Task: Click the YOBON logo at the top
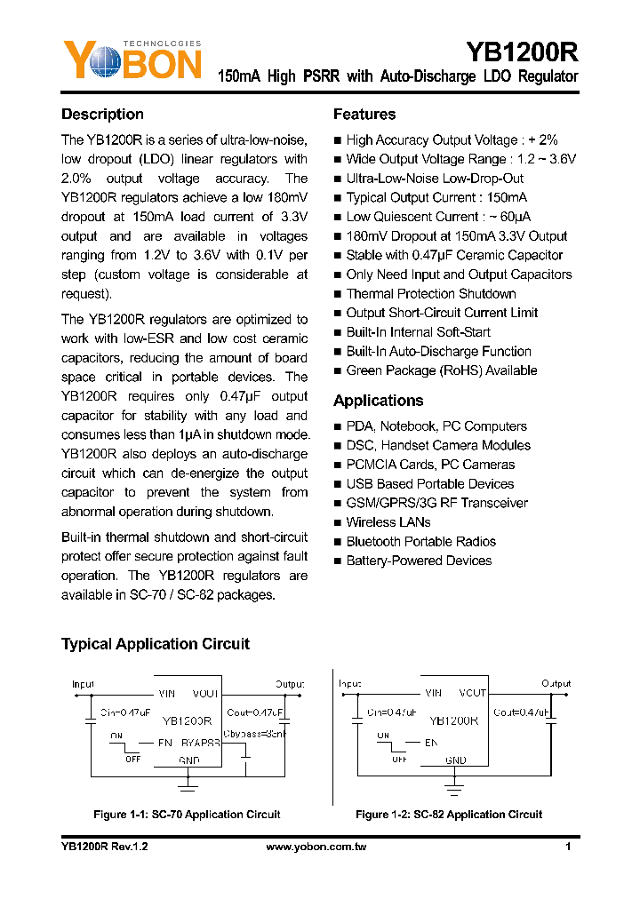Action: pos(132,60)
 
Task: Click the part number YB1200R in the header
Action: pos(522,52)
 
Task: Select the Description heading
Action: pos(102,115)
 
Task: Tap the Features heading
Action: pos(364,115)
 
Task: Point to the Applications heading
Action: pos(378,401)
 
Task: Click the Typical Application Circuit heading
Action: pos(156,644)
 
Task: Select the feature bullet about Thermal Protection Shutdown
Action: pos(430,294)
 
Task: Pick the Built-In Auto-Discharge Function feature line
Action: pos(438,352)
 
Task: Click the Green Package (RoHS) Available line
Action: pos(441,370)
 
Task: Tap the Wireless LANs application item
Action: pos(388,522)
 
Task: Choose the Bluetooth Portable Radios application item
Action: pos(420,542)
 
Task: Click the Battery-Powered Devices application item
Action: pos(419,561)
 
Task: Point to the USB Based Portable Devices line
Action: pos(429,484)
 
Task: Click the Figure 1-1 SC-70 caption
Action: pos(187,815)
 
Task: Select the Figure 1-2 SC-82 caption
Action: pos(449,815)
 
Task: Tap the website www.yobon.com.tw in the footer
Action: pos(316,847)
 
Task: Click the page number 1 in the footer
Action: pos(567,847)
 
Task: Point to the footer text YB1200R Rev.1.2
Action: pos(104,847)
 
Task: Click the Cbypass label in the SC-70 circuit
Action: pos(253,734)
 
